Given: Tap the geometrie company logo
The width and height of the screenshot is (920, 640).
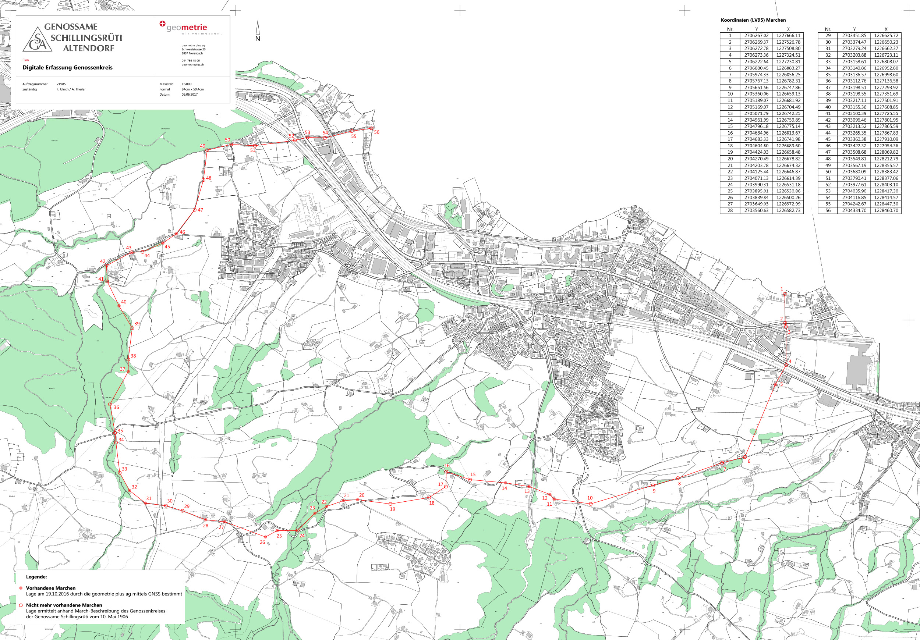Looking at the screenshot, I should [184, 27].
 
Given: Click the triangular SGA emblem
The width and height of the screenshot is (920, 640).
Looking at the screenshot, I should [38, 40].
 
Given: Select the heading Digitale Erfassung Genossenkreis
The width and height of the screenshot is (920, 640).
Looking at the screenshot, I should [67, 68].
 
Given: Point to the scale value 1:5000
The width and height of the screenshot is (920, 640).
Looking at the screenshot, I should [186, 84].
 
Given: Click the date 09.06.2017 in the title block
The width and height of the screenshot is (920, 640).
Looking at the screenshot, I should [190, 95].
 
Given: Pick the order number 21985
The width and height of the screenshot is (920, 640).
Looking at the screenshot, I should [61, 84].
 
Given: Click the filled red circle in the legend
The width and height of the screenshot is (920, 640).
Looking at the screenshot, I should [21, 588].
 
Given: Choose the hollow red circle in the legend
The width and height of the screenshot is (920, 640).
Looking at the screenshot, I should [21, 605].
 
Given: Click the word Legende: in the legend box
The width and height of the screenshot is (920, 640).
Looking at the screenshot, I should [36, 577].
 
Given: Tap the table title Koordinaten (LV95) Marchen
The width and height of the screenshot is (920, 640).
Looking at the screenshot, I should [753, 20].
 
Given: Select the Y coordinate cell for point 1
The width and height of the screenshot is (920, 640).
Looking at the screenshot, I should [756, 36].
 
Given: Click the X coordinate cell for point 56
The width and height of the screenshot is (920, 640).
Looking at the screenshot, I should [886, 210].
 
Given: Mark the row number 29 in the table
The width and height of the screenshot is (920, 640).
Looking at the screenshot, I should [828, 36].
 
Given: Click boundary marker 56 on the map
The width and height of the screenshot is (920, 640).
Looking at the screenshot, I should [371, 128].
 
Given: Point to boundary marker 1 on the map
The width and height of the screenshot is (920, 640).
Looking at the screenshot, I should [785, 294].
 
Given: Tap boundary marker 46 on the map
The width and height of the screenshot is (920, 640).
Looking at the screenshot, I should [176, 234].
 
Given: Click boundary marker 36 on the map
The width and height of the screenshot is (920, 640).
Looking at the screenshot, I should [110, 405].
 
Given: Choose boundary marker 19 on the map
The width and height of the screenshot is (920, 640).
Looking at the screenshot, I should [391, 504].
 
